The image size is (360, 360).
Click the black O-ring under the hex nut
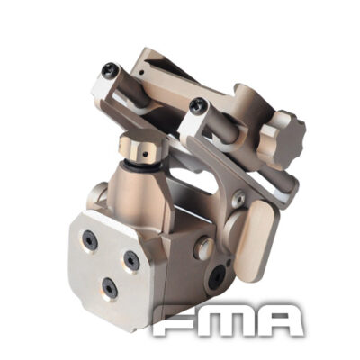(142, 166)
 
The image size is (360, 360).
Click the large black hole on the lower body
(216, 278)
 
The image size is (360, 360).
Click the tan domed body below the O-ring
(144, 193)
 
